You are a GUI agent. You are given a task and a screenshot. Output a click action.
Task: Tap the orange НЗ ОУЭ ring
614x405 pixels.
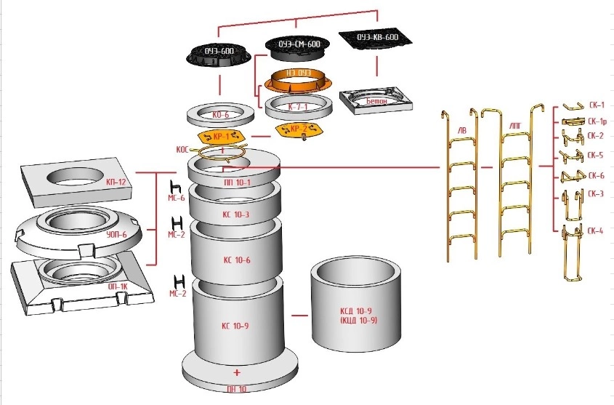coord(299,76)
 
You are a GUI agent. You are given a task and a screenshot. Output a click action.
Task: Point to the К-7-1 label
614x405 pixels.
coord(298,106)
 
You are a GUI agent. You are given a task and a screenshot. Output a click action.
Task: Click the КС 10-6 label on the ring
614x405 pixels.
coord(236,260)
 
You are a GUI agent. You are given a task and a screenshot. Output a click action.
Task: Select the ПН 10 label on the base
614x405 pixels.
coord(237,389)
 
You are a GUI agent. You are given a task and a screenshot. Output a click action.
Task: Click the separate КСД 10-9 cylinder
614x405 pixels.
coord(355,305)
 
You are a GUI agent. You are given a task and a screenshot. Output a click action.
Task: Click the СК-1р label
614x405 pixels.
coord(597,121)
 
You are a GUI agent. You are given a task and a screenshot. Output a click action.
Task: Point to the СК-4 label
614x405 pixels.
coord(596,231)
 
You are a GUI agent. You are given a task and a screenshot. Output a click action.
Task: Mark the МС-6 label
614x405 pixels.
coord(177,197)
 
